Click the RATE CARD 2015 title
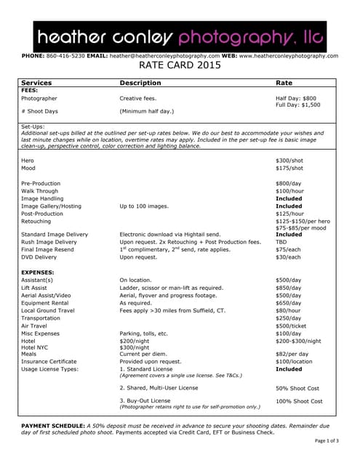coord(180,65)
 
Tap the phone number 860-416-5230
coord(65,55)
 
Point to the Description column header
coord(140,84)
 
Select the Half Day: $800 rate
coord(296,98)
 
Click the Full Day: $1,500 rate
coord(297,105)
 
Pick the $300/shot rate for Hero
coord(290,160)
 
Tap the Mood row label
coord(28,168)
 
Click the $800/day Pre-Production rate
coord(289,183)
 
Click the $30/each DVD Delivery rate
coord(288,257)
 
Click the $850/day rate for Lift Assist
coord(289,288)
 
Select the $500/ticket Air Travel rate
coord(292,326)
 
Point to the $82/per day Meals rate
coord(294,354)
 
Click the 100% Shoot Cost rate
coord(297,400)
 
